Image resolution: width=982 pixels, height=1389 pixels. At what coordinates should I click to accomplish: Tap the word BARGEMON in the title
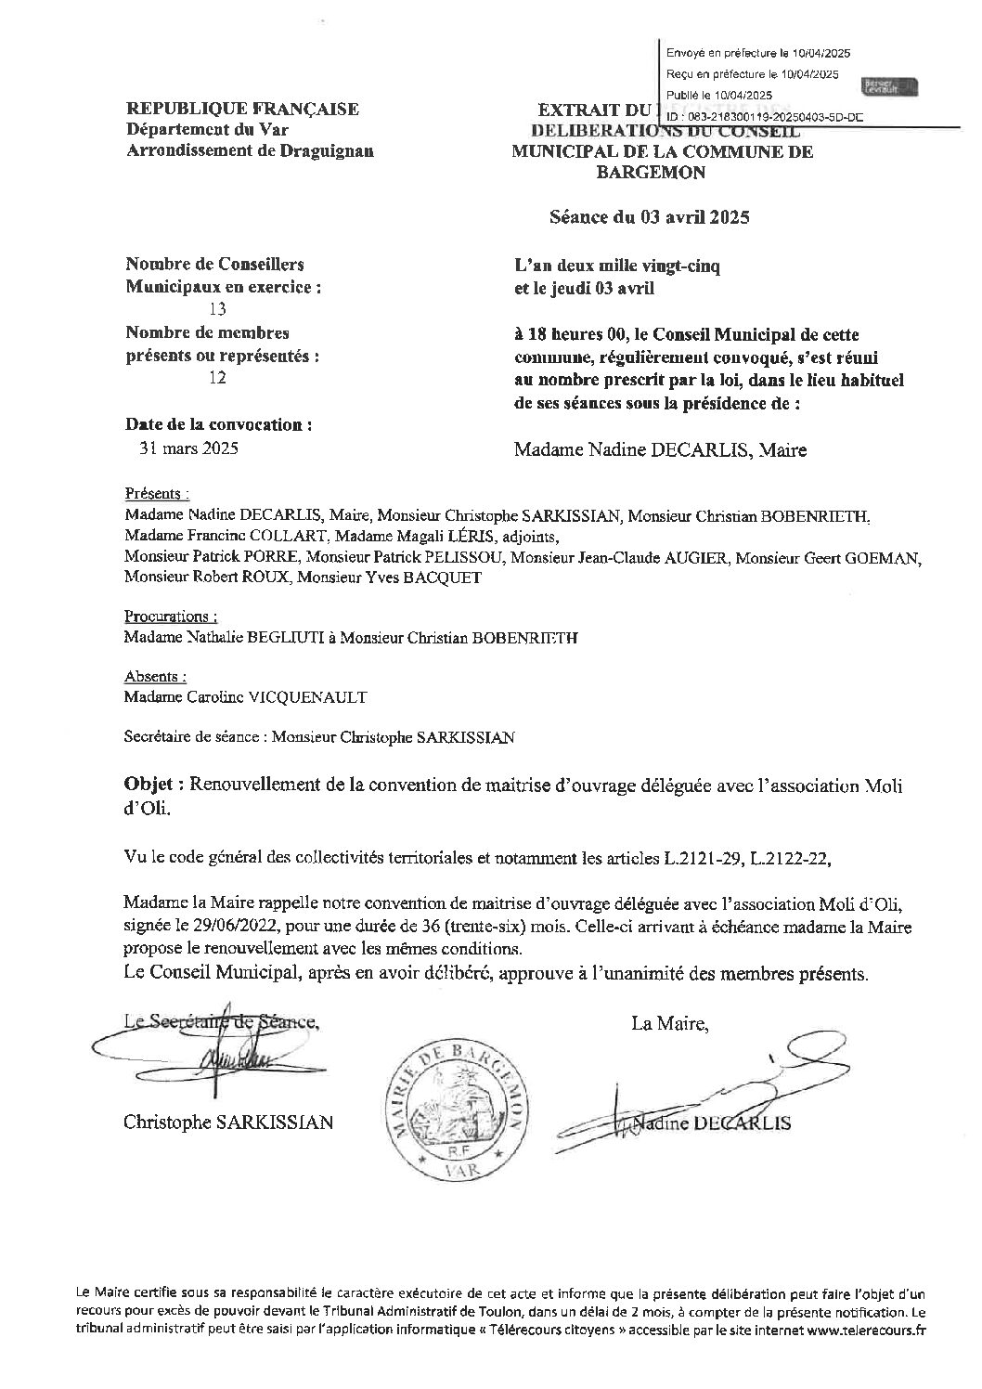point(662,172)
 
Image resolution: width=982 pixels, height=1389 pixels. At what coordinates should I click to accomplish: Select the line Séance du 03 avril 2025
point(649,218)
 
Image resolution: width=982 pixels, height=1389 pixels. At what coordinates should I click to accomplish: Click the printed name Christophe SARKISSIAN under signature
point(228,1123)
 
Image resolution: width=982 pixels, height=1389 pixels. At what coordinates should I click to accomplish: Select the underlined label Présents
point(155,494)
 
